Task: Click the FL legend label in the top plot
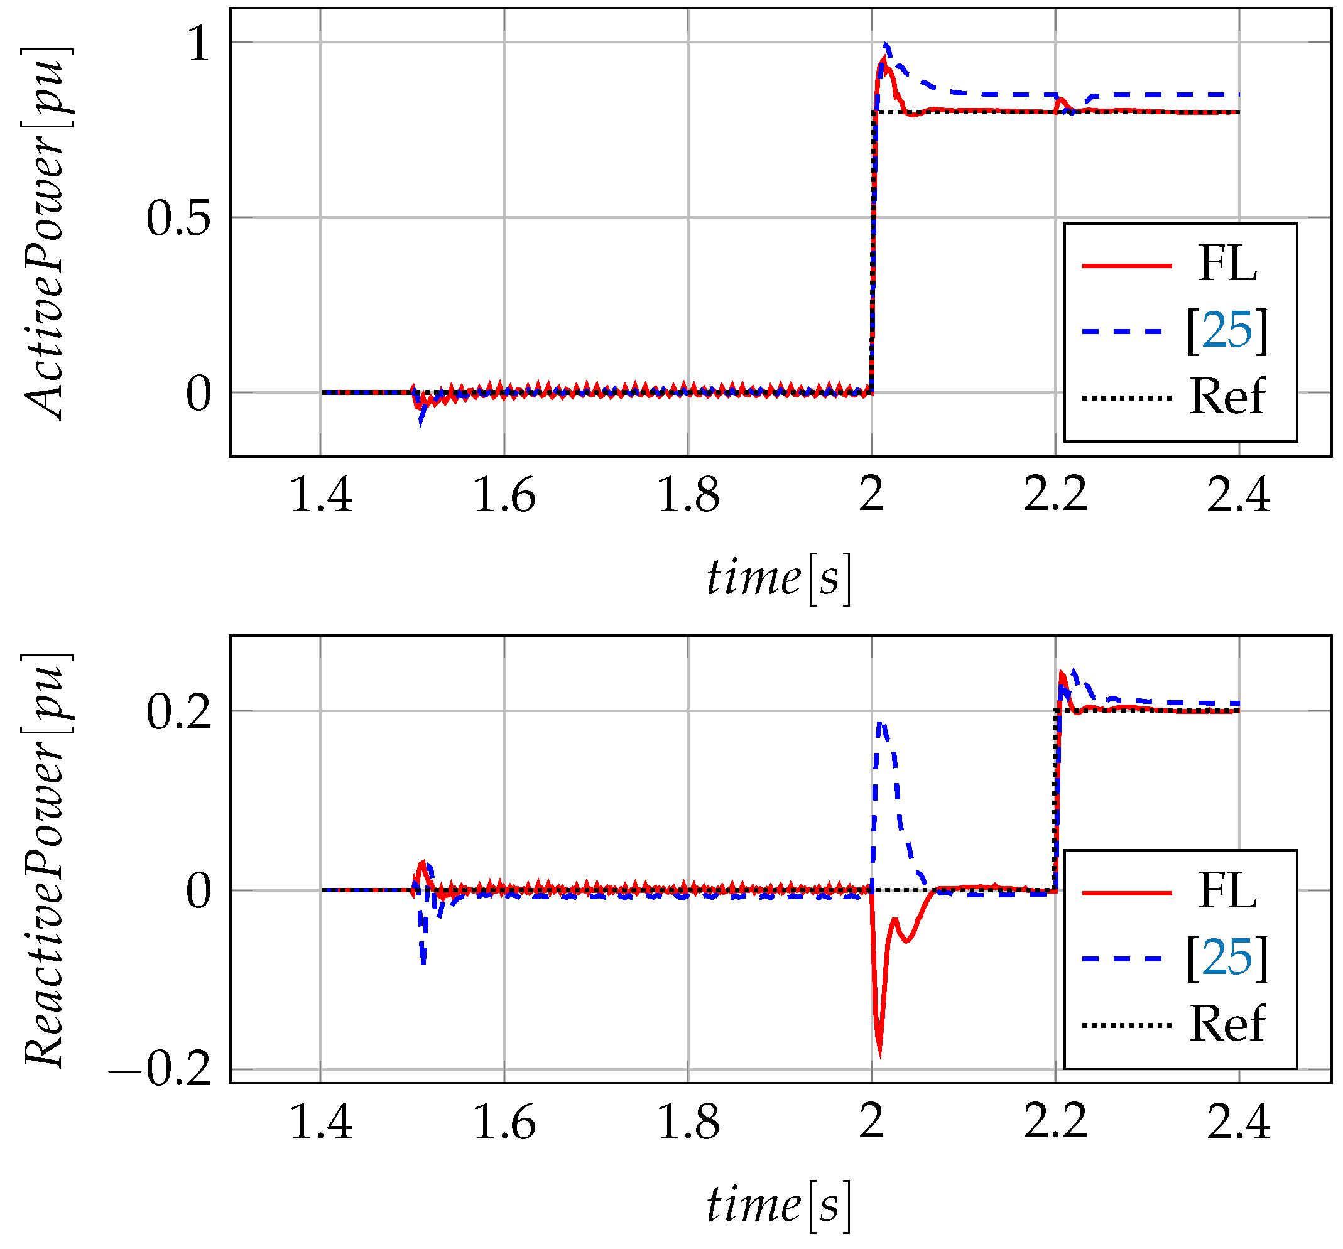(1227, 264)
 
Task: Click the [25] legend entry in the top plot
(1227, 330)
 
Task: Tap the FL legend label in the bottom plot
(1227, 891)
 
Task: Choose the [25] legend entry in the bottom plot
(1227, 957)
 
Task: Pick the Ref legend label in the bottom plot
(1227, 1024)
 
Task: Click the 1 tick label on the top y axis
(199, 45)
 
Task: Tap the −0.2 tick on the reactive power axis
(161, 1069)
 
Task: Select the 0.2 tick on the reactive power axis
(178, 712)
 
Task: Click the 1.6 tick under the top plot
(504, 496)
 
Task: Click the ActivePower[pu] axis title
(46, 233)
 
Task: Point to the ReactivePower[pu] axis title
(46, 862)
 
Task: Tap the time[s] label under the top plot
(778, 579)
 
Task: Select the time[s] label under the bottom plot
(778, 1205)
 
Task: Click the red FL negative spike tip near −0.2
(879, 1055)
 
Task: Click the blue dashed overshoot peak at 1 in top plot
(886, 45)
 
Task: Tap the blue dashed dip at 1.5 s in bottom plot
(423, 961)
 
